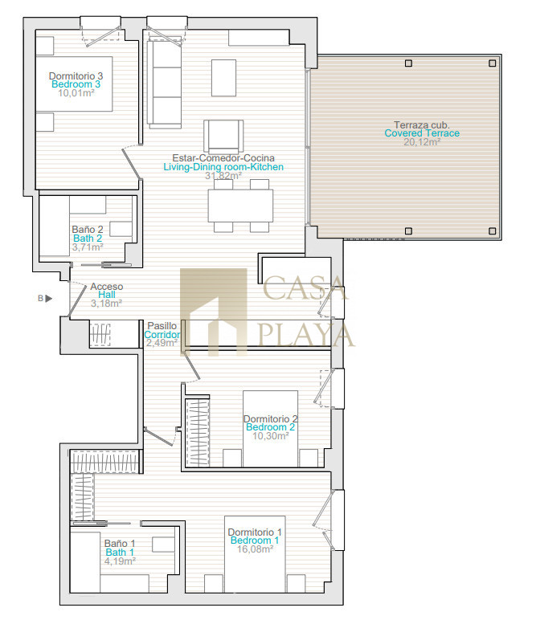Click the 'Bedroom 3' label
[x=76, y=84]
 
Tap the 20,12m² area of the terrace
[x=422, y=142]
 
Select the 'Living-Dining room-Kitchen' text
[x=223, y=167]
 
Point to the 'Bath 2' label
[x=88, y=239]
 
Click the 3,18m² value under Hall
[x=106, y=304]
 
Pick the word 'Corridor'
[x=162, y=335]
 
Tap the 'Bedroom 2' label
[x=270, y=427]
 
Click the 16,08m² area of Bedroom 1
[x=256, y=549]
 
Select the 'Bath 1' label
[x=120, y=553]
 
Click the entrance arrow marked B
[x=48, y=298]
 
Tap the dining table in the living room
[x=240, y=206]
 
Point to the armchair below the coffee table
[x=223, y=136]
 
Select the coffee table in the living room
[x=223, y=78]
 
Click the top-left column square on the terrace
[x=408, y=63]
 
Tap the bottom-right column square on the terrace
[x=493, y=231]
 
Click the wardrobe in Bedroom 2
[x=197, y=433]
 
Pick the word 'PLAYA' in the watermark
[x=306, y=335]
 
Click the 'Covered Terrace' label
[x=422, y=133]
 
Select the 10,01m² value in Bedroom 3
[x=76, y=93]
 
